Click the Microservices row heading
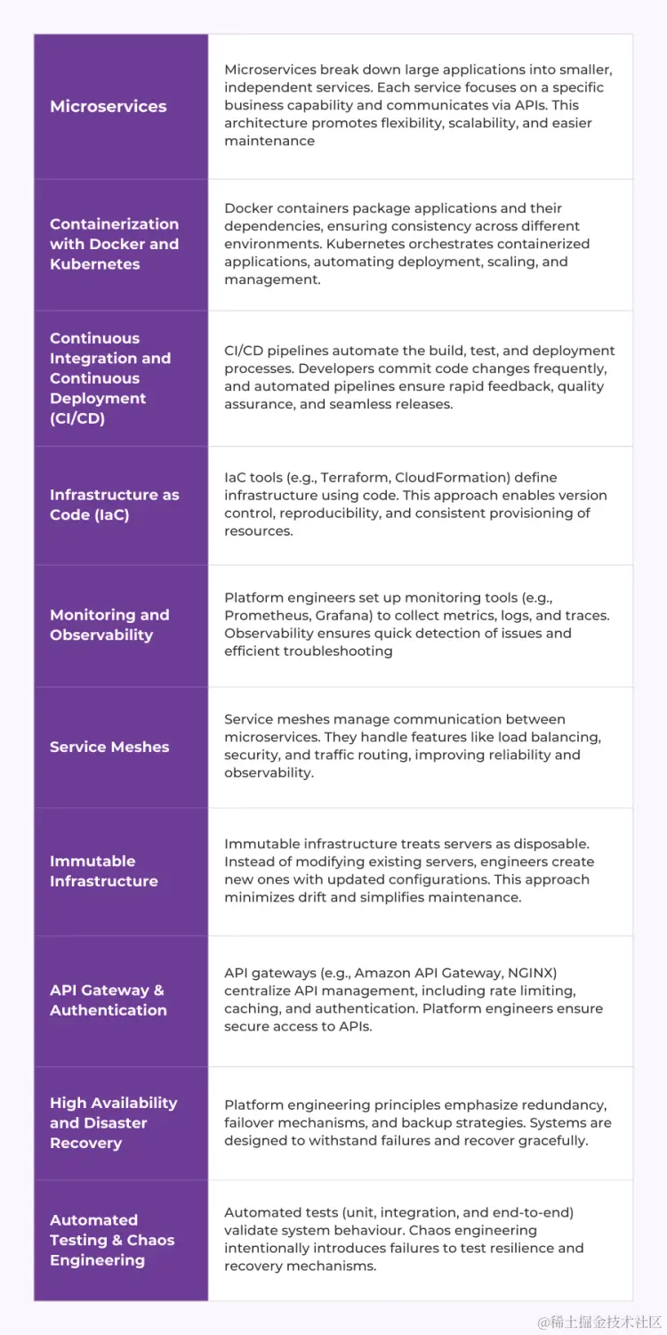108,107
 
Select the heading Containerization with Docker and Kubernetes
114,244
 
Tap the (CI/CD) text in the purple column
77,418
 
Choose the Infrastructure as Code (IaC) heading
114,505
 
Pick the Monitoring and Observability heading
109,625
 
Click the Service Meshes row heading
109,748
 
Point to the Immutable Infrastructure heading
103,871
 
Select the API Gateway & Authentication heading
108,1000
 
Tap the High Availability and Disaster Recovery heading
113,1123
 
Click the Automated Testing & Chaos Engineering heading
112,1241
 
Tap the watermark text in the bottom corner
599,1323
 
